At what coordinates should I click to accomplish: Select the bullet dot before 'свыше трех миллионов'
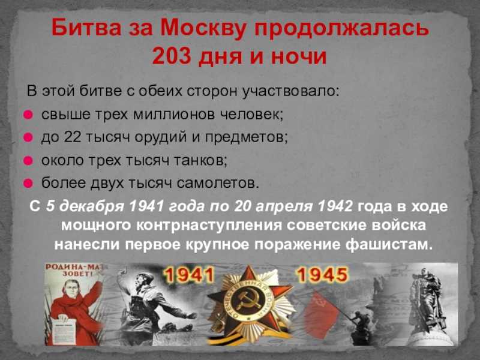click(28, 115)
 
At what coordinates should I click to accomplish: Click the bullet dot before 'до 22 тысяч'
click(28, 137)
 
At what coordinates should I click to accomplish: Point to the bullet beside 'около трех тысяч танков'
click(28, 160)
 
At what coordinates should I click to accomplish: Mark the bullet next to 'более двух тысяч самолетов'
click(28, 183)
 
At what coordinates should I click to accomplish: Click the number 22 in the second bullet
click(73, 137)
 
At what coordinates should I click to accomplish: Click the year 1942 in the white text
click(335, 206)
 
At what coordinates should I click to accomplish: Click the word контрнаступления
click(208, 226)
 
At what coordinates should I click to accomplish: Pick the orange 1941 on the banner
click(188, 275)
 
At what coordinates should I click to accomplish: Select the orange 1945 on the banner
click(323, 274)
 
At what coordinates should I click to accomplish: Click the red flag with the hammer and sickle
click(320, 314)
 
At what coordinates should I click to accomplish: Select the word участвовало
click(290, 91)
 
